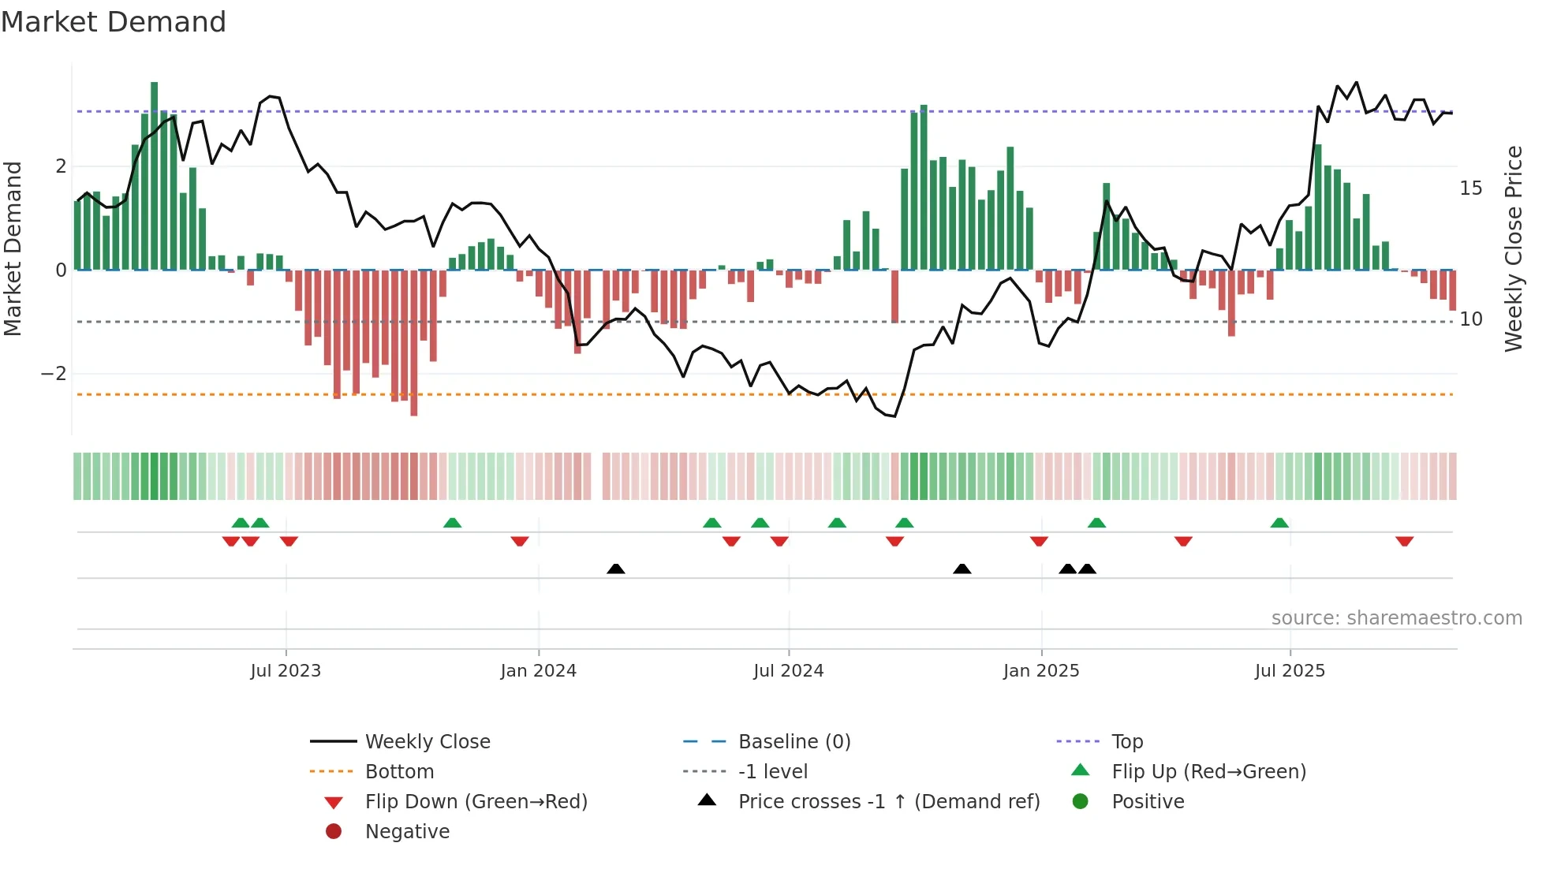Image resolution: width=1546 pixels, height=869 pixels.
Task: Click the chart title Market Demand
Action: pyautogui.click(x=114, y=22)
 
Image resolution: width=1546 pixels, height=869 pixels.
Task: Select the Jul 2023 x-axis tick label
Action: pyautogui.click(x=286, y=671)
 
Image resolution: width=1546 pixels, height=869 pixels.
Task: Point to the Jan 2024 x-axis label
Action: pyautogui.click(x=539, y=671)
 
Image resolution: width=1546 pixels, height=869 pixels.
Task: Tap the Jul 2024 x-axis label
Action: pyautogui.click(x=789, y=671)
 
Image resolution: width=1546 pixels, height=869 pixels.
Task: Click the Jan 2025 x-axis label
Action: pyautogui.click(x=1041, y=671)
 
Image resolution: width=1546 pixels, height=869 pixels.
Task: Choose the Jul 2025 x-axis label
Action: pyautogui.click(x=1290, y=671)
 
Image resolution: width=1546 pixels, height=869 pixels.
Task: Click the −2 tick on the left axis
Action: pyautogui.click(x=54, y=374)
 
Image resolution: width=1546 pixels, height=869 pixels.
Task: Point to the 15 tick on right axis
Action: pyautogui.click(x=1470, y=188)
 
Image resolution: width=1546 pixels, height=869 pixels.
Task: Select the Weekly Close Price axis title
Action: pyautogui.click(x=1513, y=248)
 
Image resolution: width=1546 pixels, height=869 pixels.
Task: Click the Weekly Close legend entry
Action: pyautogui.click(x=427, y=742)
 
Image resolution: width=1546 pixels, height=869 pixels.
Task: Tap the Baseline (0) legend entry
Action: pyautogui.click(x=794, y=742)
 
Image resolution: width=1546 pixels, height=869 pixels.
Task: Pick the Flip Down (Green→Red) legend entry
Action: pyautogui.click(x=476, y=802)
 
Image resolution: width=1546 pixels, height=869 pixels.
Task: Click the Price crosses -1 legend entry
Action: pyautogui.click(x=888, y=802)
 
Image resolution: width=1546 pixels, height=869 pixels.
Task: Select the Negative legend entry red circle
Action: pyautogui.click(x=334, y=832)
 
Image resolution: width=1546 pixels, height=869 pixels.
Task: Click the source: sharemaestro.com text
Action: pyautogui.click(x=1396, y=618)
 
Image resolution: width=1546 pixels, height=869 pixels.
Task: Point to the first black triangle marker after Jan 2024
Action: pyautogui.click(x=616, y=569)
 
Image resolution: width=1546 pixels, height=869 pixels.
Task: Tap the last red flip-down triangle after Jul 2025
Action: pyautogui.click(x=1404, y=541)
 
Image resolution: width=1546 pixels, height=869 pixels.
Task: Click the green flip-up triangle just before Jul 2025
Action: pyautogui.click(x=1279, y=523)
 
